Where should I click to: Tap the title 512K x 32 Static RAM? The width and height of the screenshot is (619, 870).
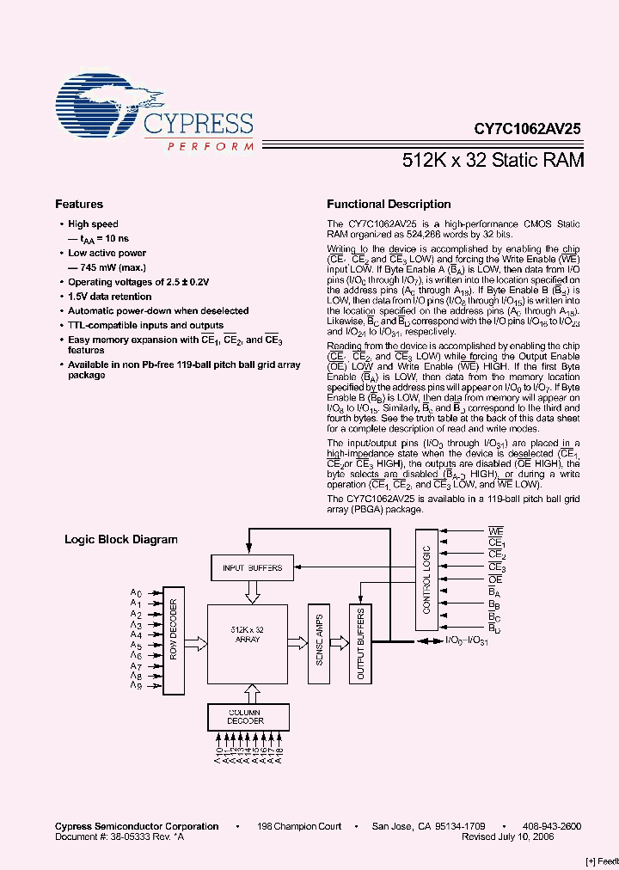[493, 160]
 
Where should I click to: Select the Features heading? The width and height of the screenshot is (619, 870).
[79, 205]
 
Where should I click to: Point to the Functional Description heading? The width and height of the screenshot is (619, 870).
[389, 205]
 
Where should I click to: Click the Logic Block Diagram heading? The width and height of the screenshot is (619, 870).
[121, 540]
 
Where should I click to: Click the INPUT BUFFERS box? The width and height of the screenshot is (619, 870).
[253, 567]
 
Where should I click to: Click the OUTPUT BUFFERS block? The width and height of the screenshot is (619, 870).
[361, 643]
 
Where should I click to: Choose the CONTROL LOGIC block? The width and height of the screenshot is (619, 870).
[426, 579]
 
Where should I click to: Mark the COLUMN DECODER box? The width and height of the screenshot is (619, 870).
[246, 716]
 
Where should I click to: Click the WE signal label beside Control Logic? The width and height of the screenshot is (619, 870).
[496, 533]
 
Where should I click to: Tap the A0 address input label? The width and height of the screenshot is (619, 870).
[135, 593]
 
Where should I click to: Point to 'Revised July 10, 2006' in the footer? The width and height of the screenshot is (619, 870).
[507, 836]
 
